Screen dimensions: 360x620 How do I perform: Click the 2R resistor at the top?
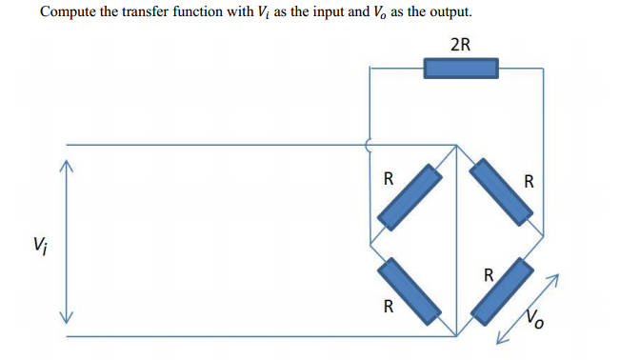[x=461, y=68]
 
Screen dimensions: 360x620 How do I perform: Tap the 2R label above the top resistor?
[x=461, y=44]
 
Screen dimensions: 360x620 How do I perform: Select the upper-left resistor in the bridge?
[x=409, y=197]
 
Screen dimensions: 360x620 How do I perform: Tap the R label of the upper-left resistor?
[x=388, y=177]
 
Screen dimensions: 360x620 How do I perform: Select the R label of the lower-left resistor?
[x=388, y=306]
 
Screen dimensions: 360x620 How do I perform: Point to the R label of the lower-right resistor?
[x=488, y=276]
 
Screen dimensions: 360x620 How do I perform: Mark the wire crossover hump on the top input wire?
[x=370, y=145]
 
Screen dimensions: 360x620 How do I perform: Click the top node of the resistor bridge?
[x=457, y=146]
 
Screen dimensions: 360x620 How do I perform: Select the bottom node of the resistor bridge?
[x=457, y=335]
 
